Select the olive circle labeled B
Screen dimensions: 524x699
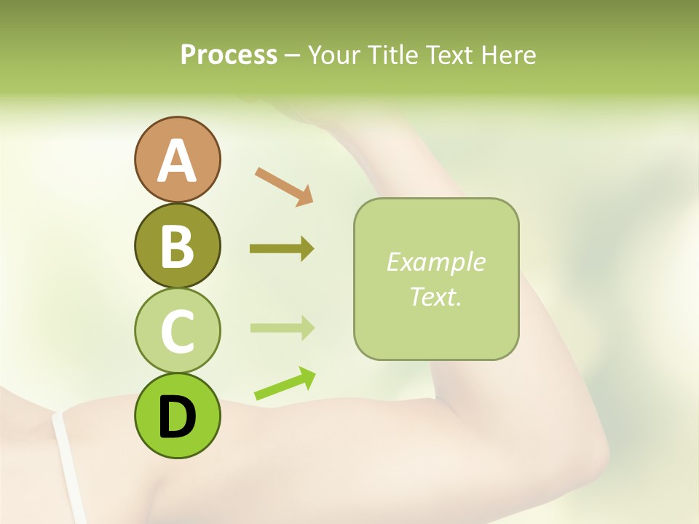click(177, 245)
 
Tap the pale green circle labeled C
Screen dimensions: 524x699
click(177, 330)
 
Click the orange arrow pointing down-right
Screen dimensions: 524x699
click(284, 186)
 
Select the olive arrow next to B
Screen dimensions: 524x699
click(282, 249)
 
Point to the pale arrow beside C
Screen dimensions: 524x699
click(282, 327)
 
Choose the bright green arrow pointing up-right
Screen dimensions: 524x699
click(285, 384)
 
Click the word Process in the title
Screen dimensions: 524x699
click(229, 55)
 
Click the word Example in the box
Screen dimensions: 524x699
click(435, 262)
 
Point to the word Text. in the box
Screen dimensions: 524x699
click(435, 296)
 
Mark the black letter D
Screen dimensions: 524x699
click(177, 417)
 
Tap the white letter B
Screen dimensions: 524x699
click(177, 246)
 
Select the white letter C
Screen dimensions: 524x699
click(177, 331)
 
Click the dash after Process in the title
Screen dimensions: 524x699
click(293, 56)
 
